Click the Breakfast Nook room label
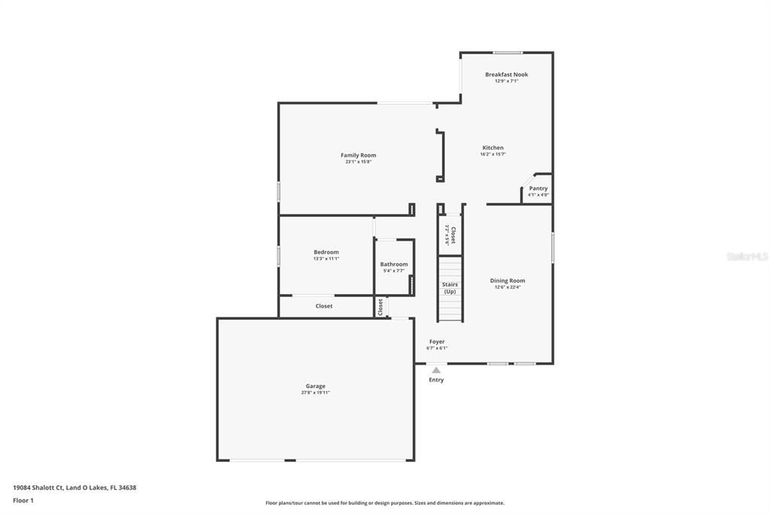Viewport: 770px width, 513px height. (x=506, y=74)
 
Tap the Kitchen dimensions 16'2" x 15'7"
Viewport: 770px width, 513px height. (x=493, y=154)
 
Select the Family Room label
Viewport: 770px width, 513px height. (x=358, y=155)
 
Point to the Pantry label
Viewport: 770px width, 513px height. (x=538, y=188)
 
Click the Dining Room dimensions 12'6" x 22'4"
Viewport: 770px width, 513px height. (x=508, y=287)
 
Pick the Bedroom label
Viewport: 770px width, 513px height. (x=326, y=252)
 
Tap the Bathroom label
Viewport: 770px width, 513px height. (x=393, y=264)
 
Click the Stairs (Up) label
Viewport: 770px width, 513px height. (x=450, y=287)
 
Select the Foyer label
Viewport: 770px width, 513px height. (x=436, y=341)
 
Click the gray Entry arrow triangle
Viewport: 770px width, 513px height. (x=436, y=369)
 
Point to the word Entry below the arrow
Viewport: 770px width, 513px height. (x=436, y=380)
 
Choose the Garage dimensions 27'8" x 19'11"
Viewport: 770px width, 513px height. (x=315, y=393)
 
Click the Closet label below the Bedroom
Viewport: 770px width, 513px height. (x=323, y=306)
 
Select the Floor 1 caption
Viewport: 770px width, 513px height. (x=23, y=500)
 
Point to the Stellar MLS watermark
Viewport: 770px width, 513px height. (x=747, y=256)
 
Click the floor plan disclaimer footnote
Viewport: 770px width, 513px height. (x=384, y=503)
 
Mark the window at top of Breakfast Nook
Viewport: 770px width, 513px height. (x=508, y=53)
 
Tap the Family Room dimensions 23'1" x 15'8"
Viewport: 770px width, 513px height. (x=358, y=162)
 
